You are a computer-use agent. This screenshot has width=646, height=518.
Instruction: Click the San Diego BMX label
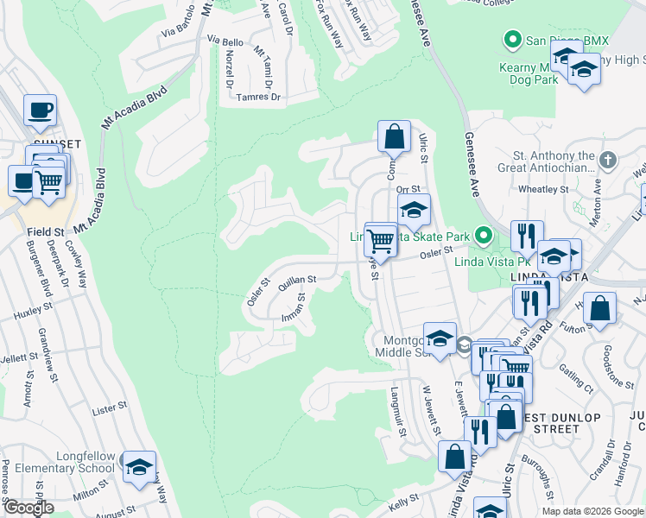(x=561, y=40)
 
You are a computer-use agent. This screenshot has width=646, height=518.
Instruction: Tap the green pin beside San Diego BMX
(x=512, y=40)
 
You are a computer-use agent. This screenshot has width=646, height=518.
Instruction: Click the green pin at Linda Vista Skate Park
(x=485, y=235)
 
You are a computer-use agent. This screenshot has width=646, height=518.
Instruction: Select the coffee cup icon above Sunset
(x=40, y=111)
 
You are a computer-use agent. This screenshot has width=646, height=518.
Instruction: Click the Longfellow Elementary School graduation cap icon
(x=138, y=467)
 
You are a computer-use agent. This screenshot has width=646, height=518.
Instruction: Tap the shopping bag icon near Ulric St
(x=394, y=136)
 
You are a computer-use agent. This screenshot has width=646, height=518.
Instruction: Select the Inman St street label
(x=294, y=307)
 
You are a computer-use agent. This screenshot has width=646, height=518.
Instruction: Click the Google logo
(x=29, y=508)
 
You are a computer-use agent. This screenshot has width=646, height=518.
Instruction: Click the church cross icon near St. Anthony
(x=609, y=160)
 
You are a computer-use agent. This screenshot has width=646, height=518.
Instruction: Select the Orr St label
(x=408, y=189)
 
